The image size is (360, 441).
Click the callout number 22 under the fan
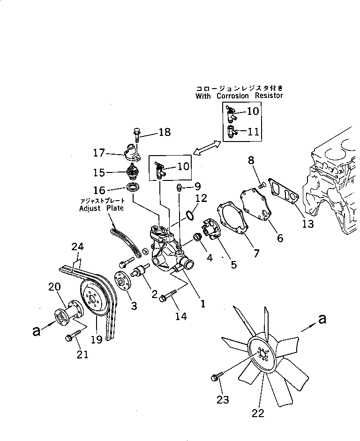[258, 413]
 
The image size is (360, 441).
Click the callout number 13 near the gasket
[307, 224]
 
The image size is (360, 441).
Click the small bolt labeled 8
[262, 187]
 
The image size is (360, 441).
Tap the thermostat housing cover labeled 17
[132, 154]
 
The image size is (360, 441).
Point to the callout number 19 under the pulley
[96, 339]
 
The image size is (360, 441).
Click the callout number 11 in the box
[253, 132]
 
